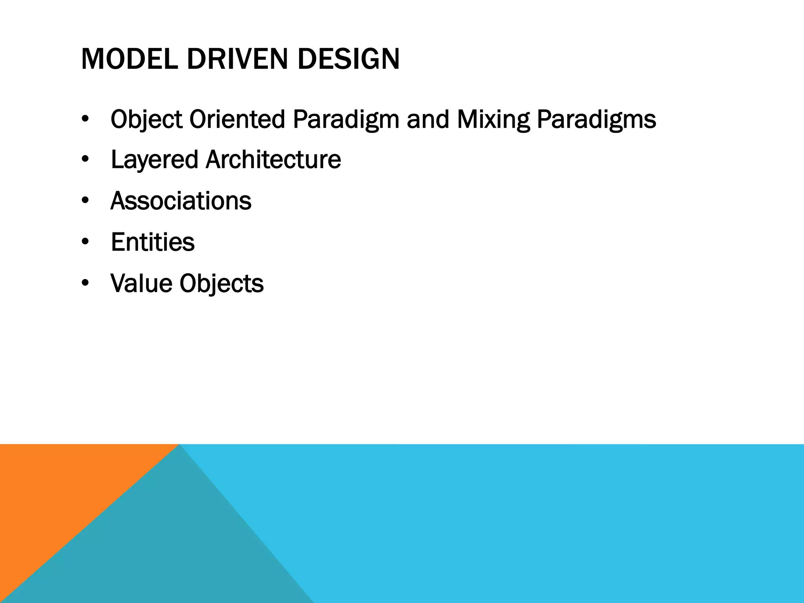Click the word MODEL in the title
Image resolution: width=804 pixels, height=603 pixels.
pyautogui.click(x=129, y=59)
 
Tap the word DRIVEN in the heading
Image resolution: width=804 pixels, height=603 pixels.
pyautogui.click(x=238, y=59)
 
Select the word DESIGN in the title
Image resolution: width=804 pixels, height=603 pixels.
pyautogui.click(x=348, y=59)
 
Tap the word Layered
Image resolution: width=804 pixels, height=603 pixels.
pyautogui.click(x=154, y=160)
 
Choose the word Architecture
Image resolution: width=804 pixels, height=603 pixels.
pyautogui.click(x=273, y=160)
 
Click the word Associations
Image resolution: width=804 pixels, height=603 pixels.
pyautogui.click(x=181, y=201)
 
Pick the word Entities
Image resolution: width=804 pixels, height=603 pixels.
pyautogui.click(x=153, y=242)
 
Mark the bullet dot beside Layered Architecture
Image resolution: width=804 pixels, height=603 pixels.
pyautogui.click(x=85, y=160)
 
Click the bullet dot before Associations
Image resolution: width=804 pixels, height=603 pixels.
pyautogui.click(x=85, y=201)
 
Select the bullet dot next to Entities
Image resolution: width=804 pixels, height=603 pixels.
pyautogui.click(x=85, y=242)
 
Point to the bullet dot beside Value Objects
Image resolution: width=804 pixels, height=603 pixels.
pyautogui.click(x=85, y=283)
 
